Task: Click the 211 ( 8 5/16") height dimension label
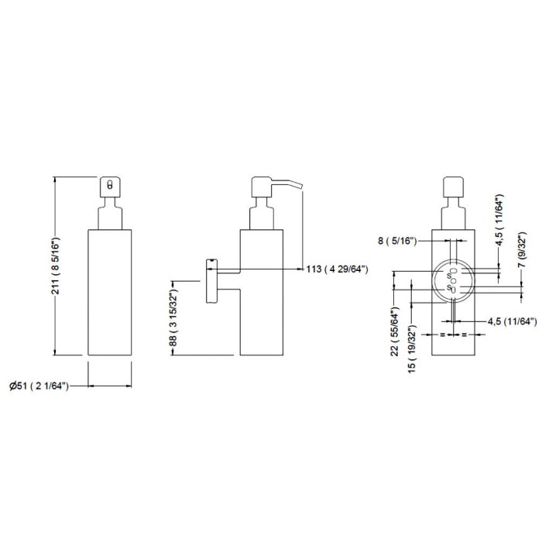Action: coord(56,266)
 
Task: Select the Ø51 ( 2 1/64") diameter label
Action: coord(39,386)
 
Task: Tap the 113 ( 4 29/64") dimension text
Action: coord(337,269)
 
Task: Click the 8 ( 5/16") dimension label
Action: coord(397,241)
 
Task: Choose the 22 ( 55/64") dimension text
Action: coord(395,331)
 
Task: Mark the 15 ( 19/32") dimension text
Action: coord(412,349)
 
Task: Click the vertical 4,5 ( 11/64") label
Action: coord(499,220)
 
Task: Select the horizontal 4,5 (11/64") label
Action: coord(513,321)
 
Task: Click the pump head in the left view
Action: coord(110,187)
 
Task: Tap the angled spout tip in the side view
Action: coord(300,187)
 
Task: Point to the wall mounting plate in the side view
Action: coord(211,280)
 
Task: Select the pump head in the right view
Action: coord(454,187)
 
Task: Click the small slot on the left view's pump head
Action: coord(110,184)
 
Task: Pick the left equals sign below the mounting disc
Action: coord(442,334)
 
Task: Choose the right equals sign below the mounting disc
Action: coord(465,334)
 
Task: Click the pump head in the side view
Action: coord(262,187)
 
